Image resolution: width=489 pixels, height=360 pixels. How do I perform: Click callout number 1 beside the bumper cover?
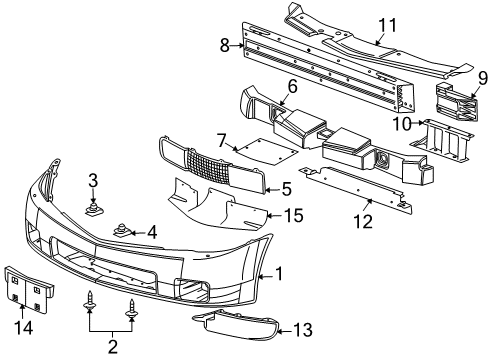click(x=280, y=273)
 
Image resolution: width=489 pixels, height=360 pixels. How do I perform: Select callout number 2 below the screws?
click(x=112, y=346)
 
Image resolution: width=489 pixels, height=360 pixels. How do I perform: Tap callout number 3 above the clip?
click(x=92, y=181)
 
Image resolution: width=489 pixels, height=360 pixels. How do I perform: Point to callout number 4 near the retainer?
click(x=152, y=232)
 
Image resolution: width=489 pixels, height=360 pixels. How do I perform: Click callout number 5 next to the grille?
click(x=286, y=188)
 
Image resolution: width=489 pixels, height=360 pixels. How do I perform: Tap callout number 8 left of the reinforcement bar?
click(x=224, y=43)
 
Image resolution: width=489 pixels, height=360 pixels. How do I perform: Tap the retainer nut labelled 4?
click(x=124, y=231)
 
